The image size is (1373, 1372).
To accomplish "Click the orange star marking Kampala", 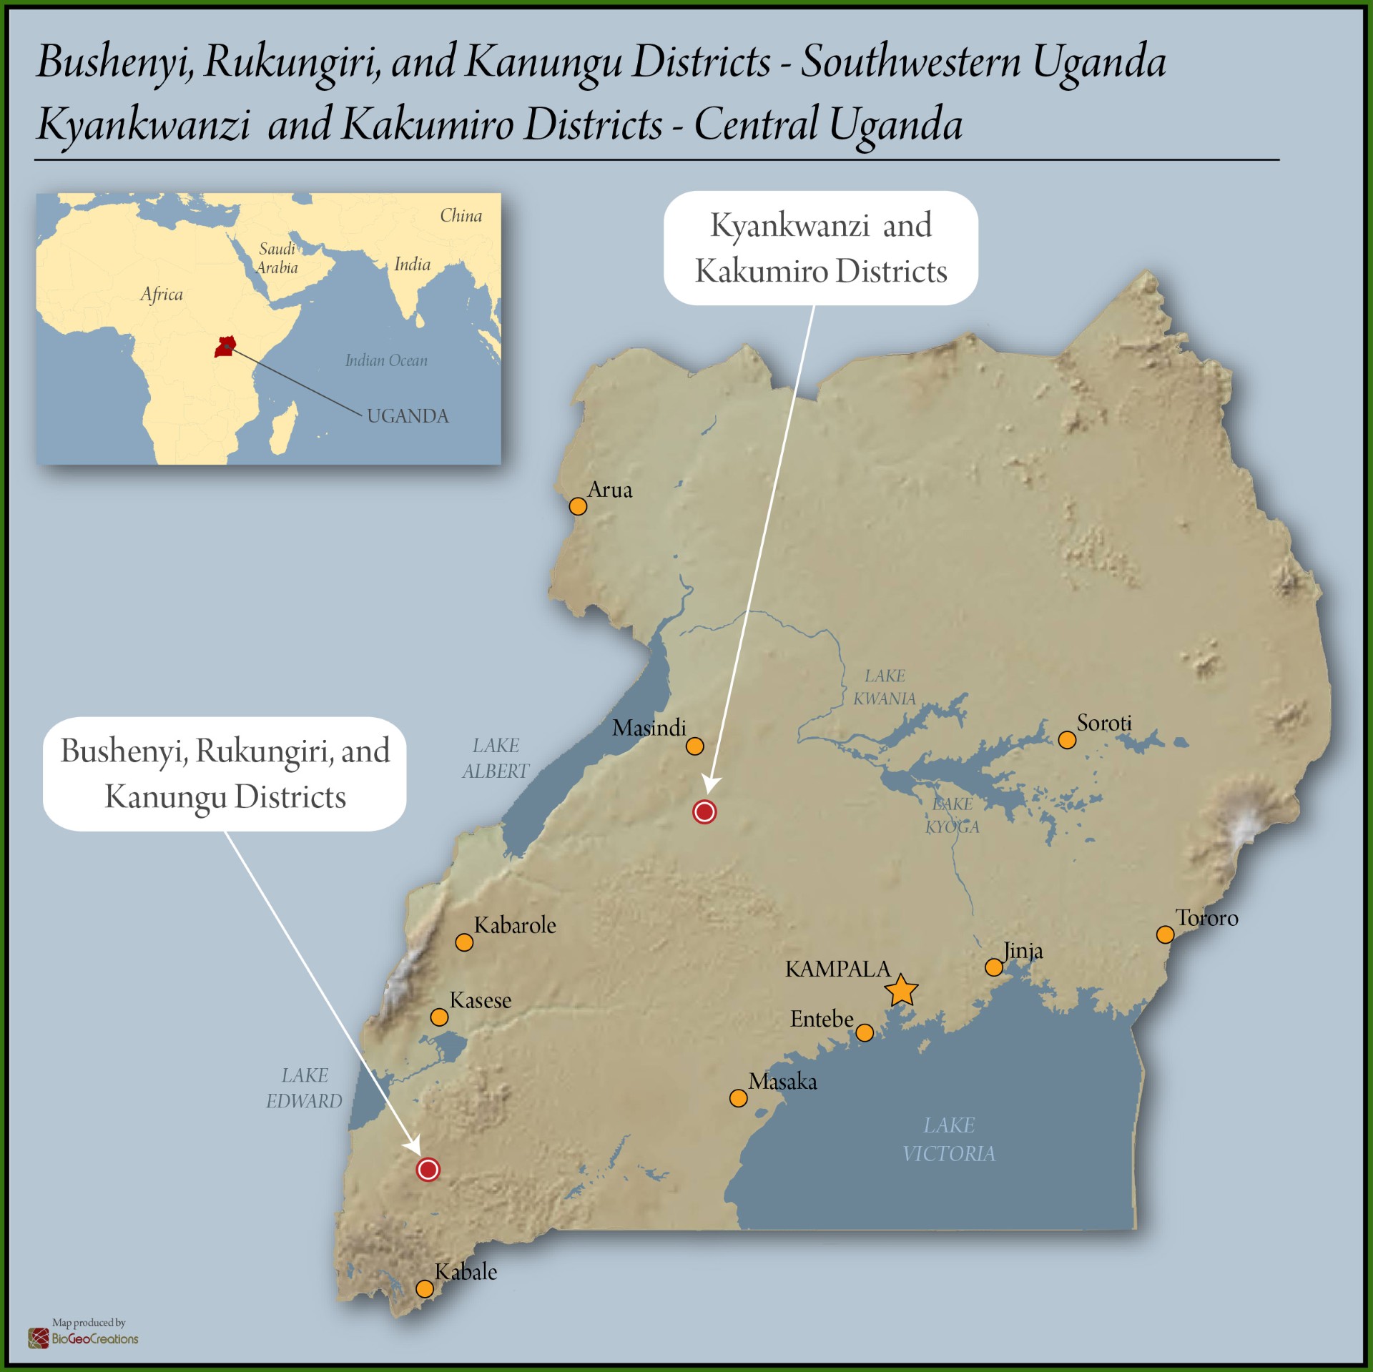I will [x=901, y=991].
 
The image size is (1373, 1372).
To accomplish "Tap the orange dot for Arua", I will [x=578, y=506].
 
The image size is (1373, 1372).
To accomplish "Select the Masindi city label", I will [x=649, y=728].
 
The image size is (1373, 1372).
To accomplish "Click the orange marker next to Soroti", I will [x=1067, y=740].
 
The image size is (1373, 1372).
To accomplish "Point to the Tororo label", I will [x=1207, y=918].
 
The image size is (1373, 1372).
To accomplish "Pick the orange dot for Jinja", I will [x=994, y=967].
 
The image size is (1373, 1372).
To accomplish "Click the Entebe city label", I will [x=822, y=1019].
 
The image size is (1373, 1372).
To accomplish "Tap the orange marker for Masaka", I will [x=739, y=1098].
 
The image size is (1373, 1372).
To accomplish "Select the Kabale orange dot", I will [x=425, y=1289].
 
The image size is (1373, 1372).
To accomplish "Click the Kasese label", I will [x=481, y=1000].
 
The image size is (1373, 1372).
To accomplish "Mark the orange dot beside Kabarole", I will [x=464, y=942].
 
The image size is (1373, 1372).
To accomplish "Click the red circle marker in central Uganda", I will [x=704, y=812].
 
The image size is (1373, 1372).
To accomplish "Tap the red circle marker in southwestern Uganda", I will [x=428, y=1170].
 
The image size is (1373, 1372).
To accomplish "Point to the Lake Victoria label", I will [x=949, y=1139].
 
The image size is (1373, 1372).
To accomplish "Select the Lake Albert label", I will [x=495, y=759].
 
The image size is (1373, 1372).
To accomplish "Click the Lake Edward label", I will [x=305, y=1088].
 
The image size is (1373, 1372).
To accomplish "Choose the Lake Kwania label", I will [x=885, y=687].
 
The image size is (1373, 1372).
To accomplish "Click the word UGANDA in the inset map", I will [x=408, y=416].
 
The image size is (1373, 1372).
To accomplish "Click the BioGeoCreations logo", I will [x=84, y=1338].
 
